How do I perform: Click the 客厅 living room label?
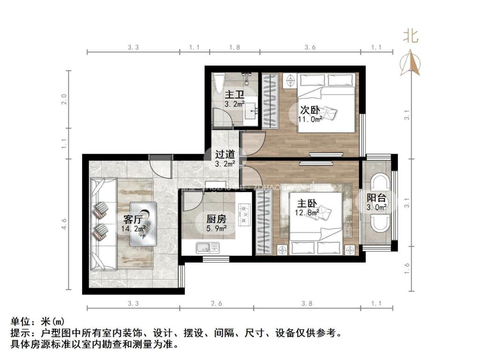[133, 219]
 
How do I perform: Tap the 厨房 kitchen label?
[217, 218]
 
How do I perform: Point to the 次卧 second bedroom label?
[310, 110]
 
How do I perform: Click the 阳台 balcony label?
[376, 198]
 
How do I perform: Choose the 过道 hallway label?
[224, 154]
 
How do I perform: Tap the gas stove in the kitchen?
[245, 214]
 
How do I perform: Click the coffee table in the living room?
[144, 224]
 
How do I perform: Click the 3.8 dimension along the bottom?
[307, 303]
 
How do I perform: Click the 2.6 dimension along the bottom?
[216, 303]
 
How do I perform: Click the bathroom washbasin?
[252, 111]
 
